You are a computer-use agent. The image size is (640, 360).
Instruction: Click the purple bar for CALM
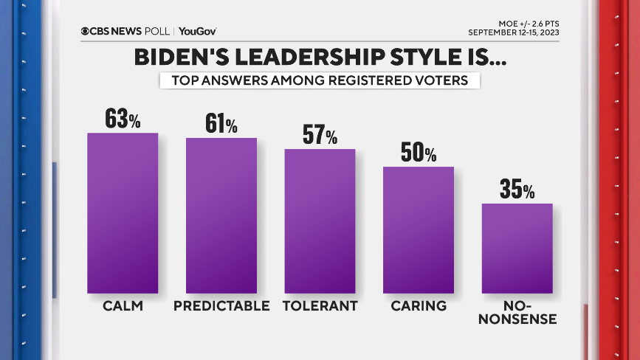123,213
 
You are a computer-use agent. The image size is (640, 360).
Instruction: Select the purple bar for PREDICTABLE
221,215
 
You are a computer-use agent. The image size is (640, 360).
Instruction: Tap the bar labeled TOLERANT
320,221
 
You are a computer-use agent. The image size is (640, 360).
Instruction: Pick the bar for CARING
418,230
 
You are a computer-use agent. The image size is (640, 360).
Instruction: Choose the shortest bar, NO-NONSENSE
517,248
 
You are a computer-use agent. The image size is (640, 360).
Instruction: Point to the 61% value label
221,124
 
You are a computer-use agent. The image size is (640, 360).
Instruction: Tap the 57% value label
320,135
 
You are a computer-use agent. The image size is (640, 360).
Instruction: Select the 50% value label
418,153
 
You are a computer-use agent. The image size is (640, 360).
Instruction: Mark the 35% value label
517,189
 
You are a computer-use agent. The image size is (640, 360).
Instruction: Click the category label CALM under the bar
123,305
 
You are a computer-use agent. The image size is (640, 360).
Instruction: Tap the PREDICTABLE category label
221,305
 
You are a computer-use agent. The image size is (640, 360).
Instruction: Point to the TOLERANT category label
320,305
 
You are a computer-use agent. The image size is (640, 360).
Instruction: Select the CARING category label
418,305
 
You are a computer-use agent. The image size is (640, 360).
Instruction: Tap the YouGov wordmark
197,31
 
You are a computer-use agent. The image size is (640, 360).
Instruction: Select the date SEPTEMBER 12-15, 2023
513,32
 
